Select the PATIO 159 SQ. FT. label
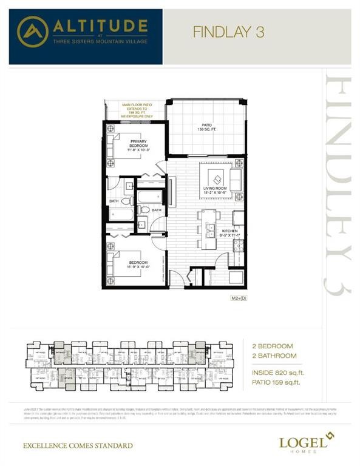click(206, 128)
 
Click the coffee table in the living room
click(217, 178)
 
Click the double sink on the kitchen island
click(209, 229)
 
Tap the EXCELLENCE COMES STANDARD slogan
click(78, 446)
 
